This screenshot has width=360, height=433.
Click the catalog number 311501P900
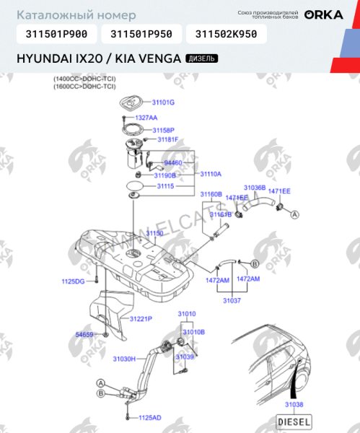56,33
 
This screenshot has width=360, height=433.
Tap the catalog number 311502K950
226,33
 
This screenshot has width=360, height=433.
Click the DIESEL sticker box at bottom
294,421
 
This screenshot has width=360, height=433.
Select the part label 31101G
164,102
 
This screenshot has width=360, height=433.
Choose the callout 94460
173,163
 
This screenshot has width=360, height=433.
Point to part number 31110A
211,174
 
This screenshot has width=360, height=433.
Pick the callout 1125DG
73,280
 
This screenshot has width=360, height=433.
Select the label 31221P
141,318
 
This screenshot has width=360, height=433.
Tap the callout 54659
84,335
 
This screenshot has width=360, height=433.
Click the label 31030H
124,358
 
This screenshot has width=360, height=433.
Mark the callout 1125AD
150,417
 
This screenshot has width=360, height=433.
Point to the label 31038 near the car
294,405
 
